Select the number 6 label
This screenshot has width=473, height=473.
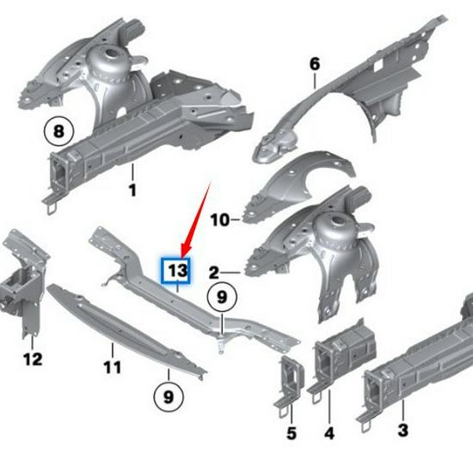coord(315,64)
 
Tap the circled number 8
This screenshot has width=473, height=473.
coord(58,132)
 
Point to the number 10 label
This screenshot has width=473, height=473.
coord(219,219)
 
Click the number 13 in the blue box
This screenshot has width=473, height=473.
coord(177,271)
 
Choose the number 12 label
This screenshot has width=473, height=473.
coord(32,359)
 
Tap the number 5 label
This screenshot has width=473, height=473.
coord(291,433)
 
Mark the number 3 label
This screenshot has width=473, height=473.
coord(402,429)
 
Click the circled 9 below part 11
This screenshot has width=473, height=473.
coord(169,398)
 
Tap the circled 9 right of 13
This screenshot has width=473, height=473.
coord(222,298)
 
